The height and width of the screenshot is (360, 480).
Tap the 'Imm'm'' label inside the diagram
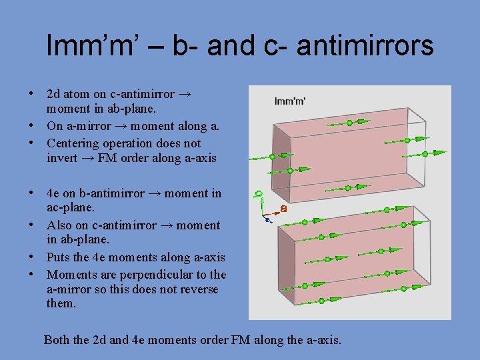pos(291,101)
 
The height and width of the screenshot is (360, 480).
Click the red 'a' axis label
pos(283,209)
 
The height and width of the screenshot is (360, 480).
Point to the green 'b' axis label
pos(259,195)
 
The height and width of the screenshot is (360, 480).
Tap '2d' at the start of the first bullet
pos(54,94)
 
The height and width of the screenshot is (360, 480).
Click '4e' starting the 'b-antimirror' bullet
pos(53,193)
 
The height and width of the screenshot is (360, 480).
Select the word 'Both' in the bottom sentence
pos(57,340)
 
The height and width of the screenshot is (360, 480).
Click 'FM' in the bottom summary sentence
pos(239,340)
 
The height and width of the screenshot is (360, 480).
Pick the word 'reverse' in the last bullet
pos(198,289)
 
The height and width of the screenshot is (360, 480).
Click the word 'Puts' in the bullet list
pos(58,257)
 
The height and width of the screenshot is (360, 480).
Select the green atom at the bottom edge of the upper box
pos(290,171)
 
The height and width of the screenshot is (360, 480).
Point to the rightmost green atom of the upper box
pos(425,154)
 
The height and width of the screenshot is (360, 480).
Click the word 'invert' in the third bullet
pos(63,157)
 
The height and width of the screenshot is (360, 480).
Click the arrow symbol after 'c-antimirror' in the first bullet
pos(186,94)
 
